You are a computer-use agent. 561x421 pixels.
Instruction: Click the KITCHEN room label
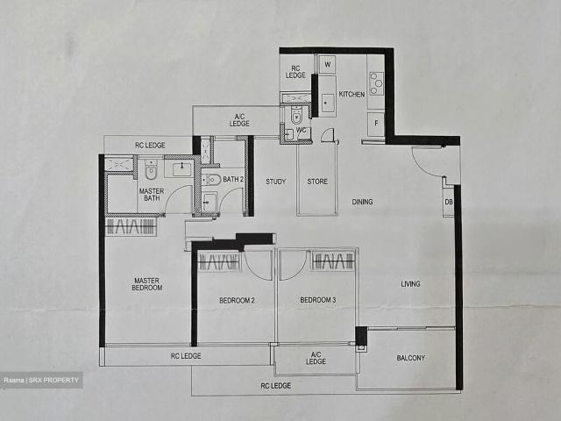pyautogui.click(x=352, y=95)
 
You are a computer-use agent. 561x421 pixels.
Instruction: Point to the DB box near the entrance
pyautogui.click(x=449, y=203)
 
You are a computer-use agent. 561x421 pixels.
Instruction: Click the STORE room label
pyautogui.click(x=317, y=182)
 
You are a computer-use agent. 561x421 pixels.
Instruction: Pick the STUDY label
pyautogui.click(x=276, y=182)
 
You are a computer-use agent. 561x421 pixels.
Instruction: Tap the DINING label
pyautogui.click(x=362, y=202)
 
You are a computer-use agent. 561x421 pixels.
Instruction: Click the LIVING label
pyautogui.click(x=411, y=283)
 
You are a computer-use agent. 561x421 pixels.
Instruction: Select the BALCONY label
pyautogui.click(x=410, y=357)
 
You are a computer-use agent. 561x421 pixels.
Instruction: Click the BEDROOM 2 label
pyautogui.click(x=237, y=301)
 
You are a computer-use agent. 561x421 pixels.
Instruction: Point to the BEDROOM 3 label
pyautogui.click(x=317, y=301)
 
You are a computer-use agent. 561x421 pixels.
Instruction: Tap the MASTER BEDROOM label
pyautogui.click(x=146, y=284)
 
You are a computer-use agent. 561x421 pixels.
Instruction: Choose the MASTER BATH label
pyautogui.click(x=151, y=195)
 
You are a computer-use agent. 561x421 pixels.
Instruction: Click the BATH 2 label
pyautogui.click(x=232, y=180)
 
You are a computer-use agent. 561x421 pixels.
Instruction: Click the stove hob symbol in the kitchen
pyautogui.click(x=375, y=83)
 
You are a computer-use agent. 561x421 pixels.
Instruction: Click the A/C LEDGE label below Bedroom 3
pyautogui.click(x=316, y=358)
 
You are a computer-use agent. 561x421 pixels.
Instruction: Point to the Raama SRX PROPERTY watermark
pyautogui.click(x=41, y=380)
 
